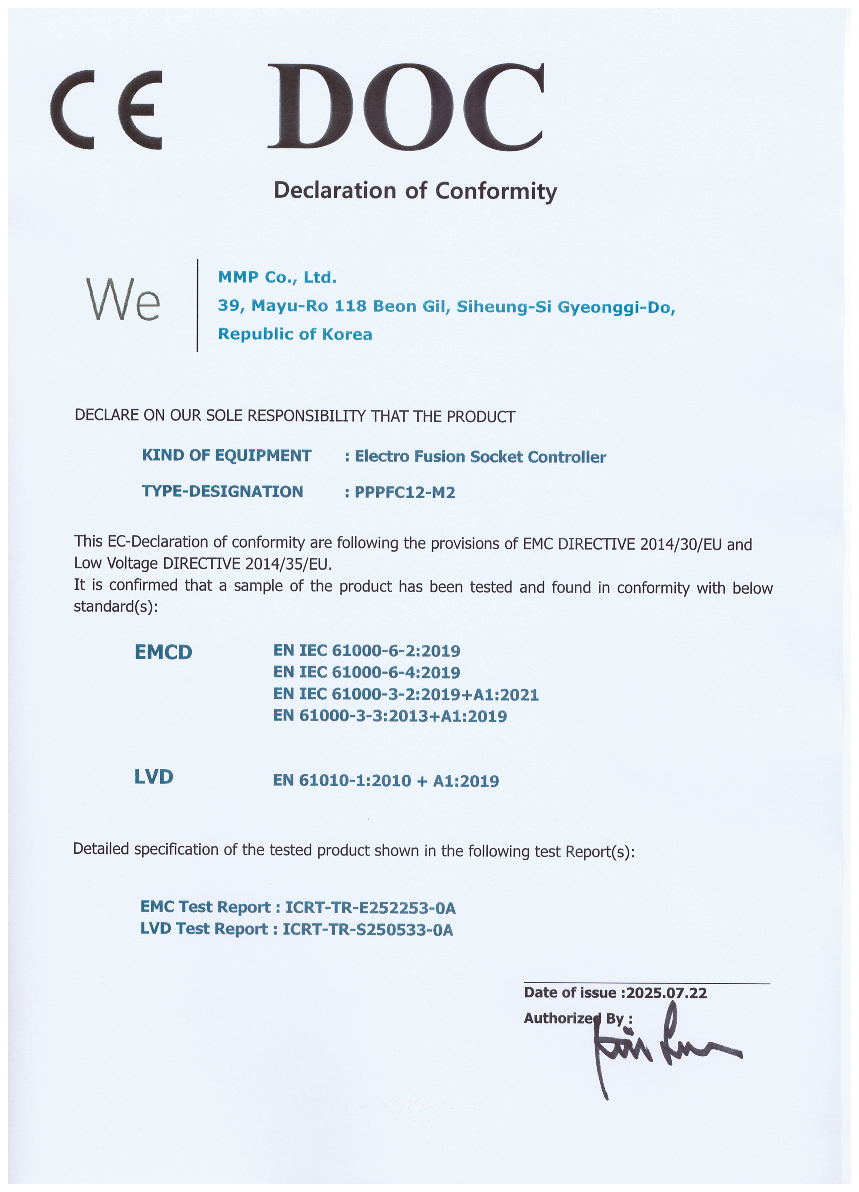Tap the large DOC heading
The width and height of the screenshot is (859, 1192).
(x=405, y=107)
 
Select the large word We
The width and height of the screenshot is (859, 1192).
(x=122, y=300)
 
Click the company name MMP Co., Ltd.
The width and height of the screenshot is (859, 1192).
(x=277, y=277)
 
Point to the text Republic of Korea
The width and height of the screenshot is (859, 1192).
(x=295, y=334)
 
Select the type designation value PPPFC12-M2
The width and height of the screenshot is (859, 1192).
(x=405, y=493)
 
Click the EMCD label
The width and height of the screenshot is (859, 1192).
(x=164, y=652)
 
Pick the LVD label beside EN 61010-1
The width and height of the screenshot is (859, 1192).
(x=153, y=777)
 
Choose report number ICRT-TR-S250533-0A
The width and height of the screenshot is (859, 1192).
(x=368, y=930)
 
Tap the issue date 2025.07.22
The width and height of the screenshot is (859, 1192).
(x=667, y=993)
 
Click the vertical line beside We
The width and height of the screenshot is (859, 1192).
(x=198, y=305)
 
